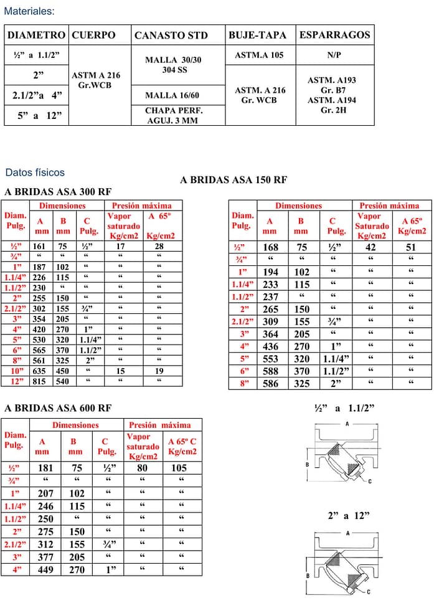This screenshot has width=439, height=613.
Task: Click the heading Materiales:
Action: pyautogui.click(x=29, y=12)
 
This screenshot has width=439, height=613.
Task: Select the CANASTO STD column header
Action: pyautogui.click(x=171, y=36)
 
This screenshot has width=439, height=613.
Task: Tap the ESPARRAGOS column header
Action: pyautogui.click(x=334, y=35)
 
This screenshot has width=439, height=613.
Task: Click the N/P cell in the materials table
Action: pyautogui.click(x=334, y=55)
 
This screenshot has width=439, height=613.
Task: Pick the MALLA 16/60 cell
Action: pyautogui.click(x=172, y=95)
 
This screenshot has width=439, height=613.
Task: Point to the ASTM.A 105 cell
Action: pyautogui.click(x=259, y=55)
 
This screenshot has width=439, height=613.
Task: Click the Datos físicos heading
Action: pyautogui.click(x=35, y=173)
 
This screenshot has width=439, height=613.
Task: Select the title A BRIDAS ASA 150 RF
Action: pyautogui.click(x=234, y=180)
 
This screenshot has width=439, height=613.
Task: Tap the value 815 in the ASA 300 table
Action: pyautogui.click(x=39, y=381)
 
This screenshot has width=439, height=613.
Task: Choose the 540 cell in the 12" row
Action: pyautogui.click(x=62, y=381)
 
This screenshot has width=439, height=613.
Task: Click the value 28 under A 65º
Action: pyautogui.click(x=159, y=246)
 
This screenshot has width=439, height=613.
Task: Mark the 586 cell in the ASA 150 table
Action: pyautogui.click(x=271, y=384)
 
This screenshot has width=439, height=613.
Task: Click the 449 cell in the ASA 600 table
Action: pyautogui.click(x=45, y=569)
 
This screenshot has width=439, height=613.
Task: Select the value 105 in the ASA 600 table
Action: pyautogui.click(x=179, y=468)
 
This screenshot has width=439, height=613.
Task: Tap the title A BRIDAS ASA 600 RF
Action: pyautogui.click(x=58, y=409)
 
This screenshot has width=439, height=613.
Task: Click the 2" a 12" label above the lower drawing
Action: pyautogui.click(x=349, y=516)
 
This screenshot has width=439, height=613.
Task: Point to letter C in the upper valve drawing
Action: pyautogui.click(x=370, y=481)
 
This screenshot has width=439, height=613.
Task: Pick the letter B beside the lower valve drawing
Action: pyautogui.click(x=307, y=576)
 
